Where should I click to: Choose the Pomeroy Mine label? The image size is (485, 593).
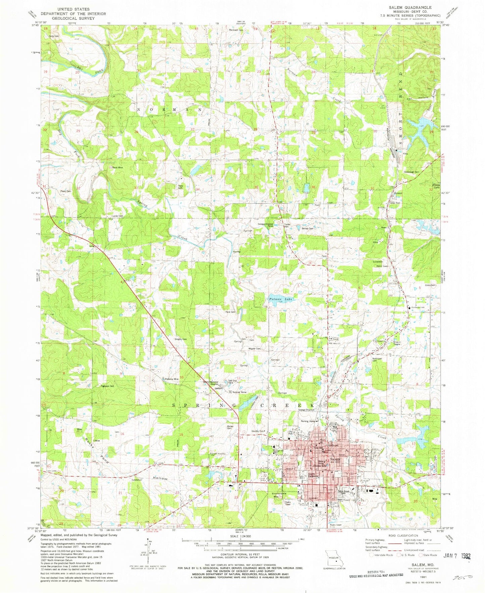tap(172, 379)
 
